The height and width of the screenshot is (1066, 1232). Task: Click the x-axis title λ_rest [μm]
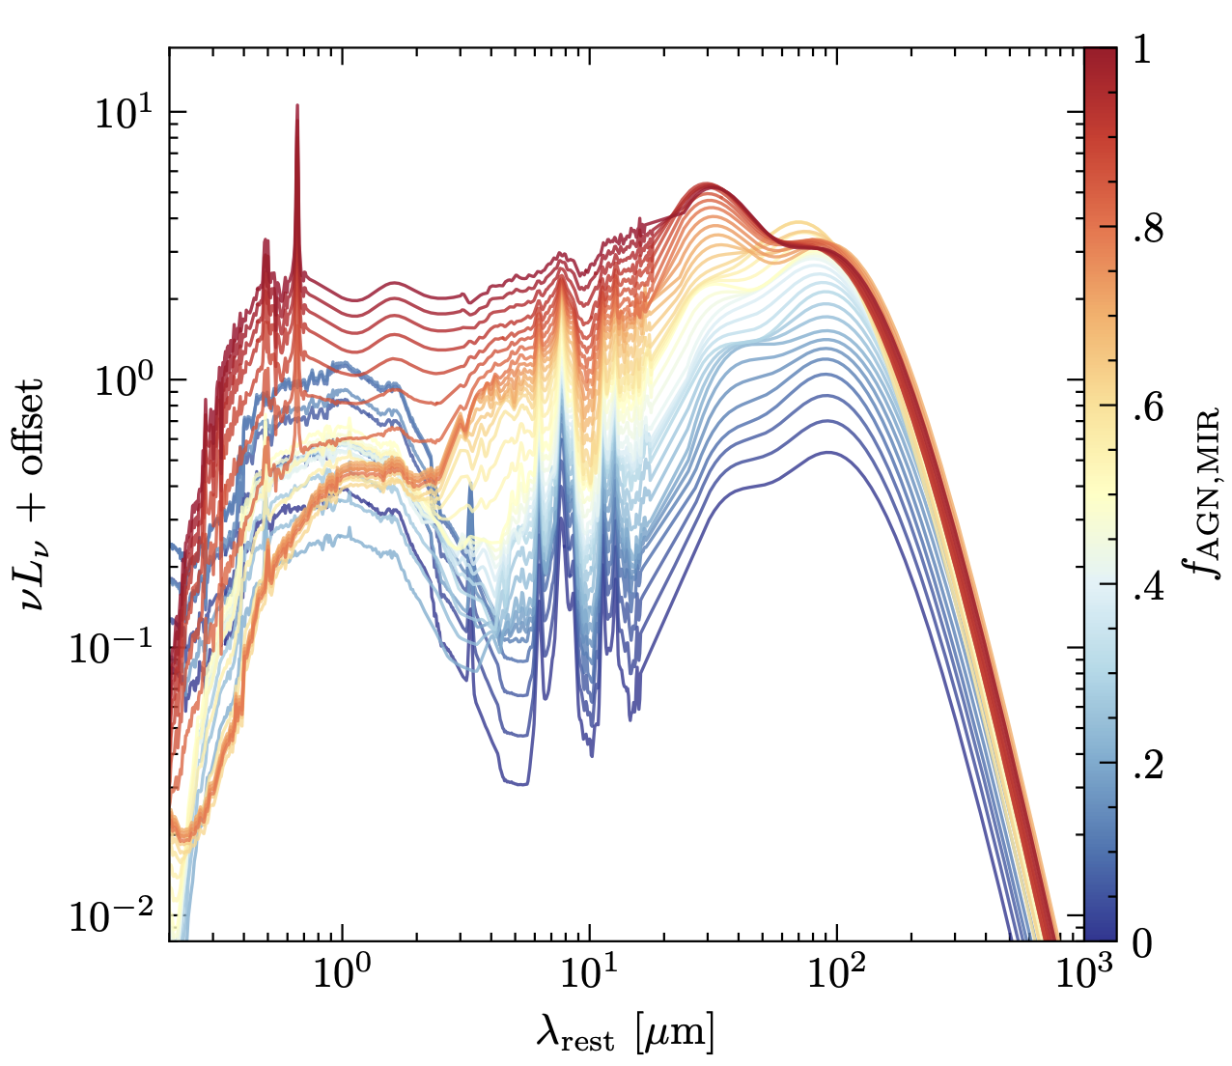[626, 1037]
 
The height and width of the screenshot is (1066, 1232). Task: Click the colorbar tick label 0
[1140, 942]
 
